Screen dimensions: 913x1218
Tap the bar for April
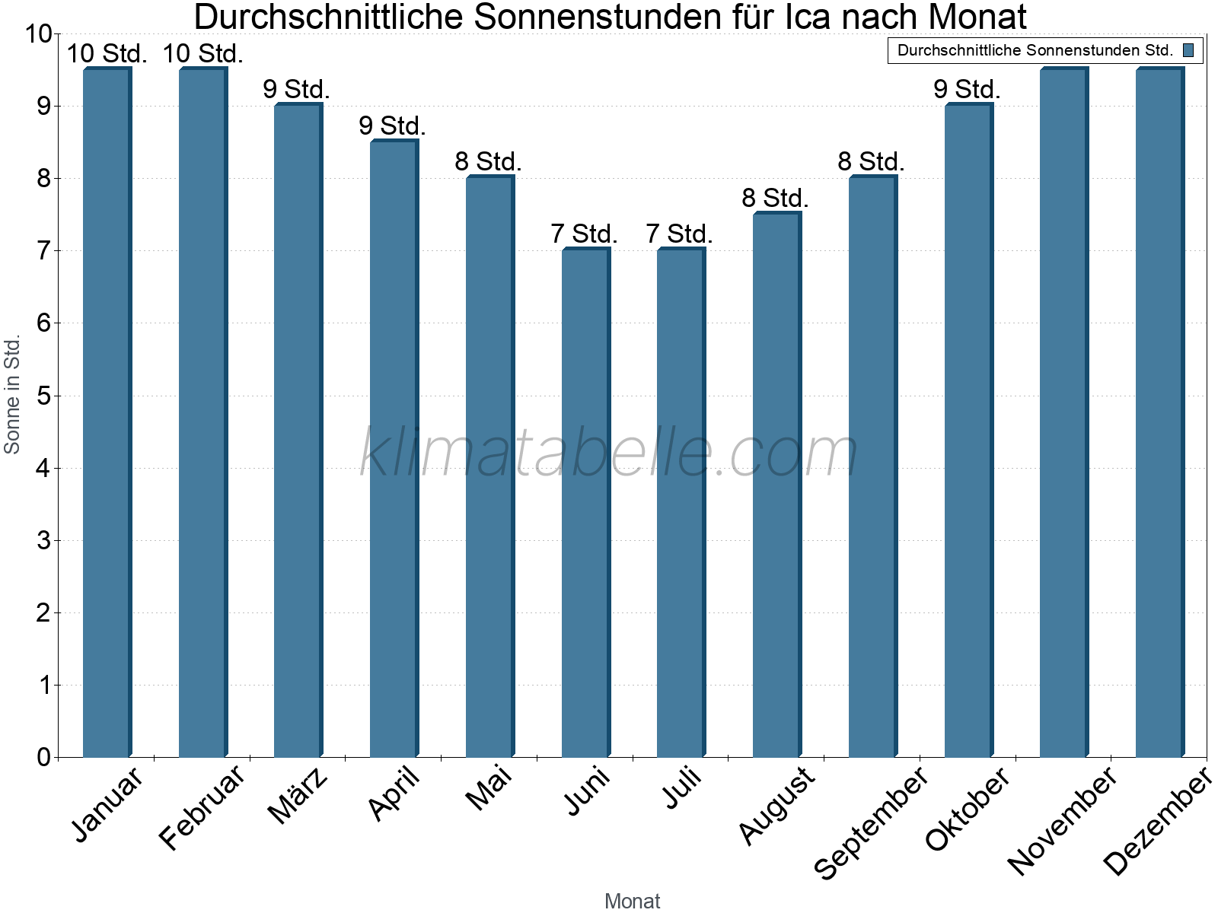(x=394, y=449)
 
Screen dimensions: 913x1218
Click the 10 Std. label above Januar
(x=107, y=54)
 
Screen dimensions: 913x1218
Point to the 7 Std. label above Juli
(x=680, y=234)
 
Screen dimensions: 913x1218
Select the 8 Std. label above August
(x=775, y=198)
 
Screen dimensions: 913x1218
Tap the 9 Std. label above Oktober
(x=967, y=89)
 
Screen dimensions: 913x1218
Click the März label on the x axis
(x=298, y=796)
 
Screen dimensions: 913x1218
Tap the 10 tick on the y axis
(x=38, y=33)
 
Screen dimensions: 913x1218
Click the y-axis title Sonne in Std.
(x=12, y=396)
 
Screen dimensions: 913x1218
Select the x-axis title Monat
(x=632, y=901)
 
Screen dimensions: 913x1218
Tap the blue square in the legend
(x=1188, y=50)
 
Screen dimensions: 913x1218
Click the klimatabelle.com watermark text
(x=609, y=453)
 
